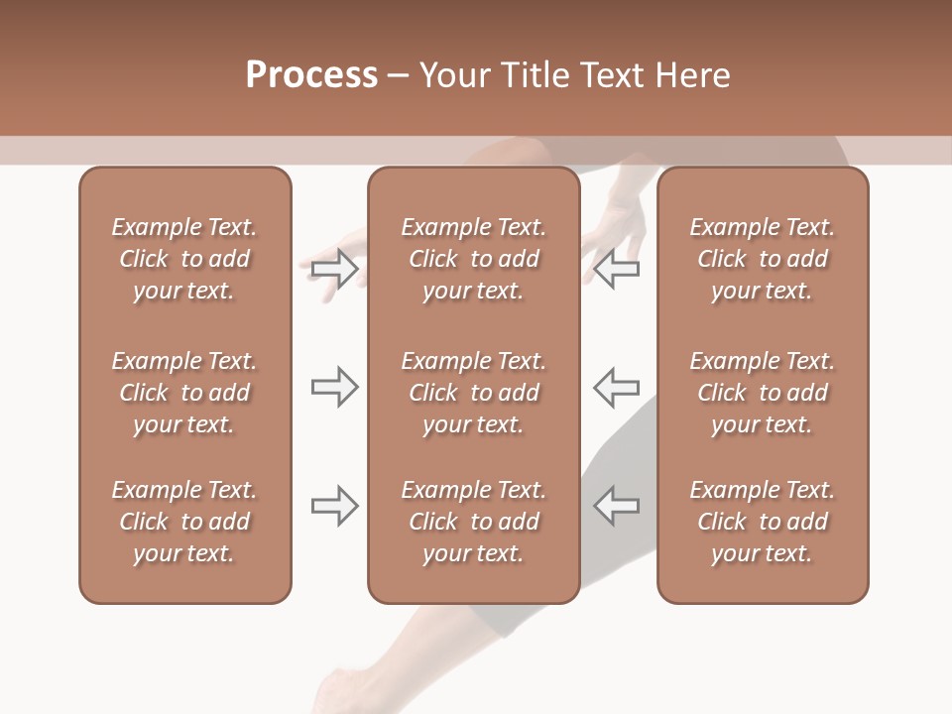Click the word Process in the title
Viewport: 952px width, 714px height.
[311, 75]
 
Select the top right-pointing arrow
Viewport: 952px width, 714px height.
[334, 269]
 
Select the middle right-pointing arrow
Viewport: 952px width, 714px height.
[334, 387]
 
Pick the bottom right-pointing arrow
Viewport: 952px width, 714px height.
[334, 506]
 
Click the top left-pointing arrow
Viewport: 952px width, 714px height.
[616, 269]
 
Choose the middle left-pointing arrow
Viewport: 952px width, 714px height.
[616, 387]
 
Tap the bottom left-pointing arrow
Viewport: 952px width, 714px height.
[616, 506]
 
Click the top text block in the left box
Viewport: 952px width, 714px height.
[184, 259]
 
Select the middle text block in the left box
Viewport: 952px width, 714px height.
[184, 393]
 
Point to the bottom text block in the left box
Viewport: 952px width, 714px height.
[184, 522]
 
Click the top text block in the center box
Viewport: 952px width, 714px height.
[473, 259]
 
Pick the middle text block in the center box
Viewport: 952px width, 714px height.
[473, 393]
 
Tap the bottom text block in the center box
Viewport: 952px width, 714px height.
[473, 522]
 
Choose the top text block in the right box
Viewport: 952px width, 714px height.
[762, 259]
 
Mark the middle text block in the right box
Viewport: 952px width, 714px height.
[762, 393]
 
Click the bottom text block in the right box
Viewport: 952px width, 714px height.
[762, 522]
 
